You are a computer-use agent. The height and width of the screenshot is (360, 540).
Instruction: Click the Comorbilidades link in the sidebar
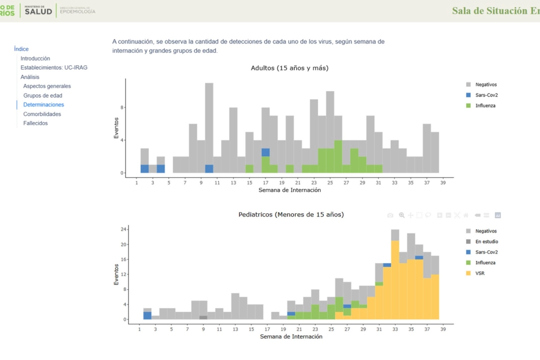42,114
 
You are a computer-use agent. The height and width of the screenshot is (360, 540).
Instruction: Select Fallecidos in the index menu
35,123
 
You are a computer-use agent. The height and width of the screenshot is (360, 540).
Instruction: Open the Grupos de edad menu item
43,95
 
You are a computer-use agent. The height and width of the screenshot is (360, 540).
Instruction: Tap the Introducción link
35,58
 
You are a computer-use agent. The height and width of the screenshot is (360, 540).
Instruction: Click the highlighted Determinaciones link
44,105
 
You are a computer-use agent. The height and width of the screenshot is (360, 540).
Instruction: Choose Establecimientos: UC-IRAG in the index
54,67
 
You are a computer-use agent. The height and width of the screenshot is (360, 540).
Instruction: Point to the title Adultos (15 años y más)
289,68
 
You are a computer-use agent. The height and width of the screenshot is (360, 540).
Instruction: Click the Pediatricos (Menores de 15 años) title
291,215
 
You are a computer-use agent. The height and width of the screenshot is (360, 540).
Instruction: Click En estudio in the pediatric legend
486,242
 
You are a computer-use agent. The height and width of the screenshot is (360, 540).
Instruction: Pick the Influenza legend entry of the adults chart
485,106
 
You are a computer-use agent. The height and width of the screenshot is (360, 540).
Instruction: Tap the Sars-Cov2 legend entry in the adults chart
486,95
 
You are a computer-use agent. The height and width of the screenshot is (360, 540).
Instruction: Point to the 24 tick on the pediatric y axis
122,229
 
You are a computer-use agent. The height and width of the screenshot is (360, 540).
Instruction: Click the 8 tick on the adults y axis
121,108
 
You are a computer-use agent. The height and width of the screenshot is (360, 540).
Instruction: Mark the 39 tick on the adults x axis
444,183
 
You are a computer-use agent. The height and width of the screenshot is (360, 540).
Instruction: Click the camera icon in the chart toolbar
390,216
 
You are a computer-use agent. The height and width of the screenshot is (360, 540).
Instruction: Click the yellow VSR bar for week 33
395,279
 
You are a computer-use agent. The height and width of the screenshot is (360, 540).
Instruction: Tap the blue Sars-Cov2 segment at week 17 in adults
265,153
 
